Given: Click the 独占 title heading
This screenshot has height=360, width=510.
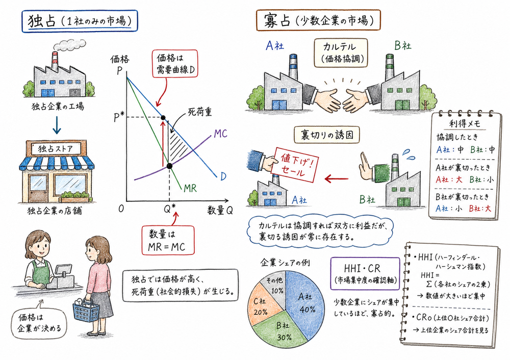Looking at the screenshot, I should coord(82,21).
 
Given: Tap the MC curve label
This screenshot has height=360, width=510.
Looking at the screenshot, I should coord(220,134).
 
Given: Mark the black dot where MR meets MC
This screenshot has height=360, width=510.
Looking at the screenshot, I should coord(170,165).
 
